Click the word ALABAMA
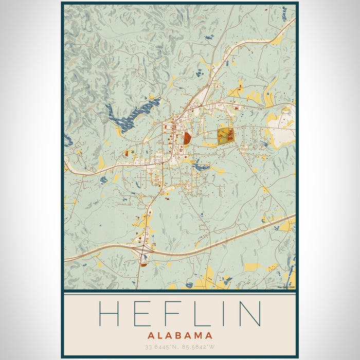pos(179,335)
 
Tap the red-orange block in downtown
pos(187,138)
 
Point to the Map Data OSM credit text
pos(286,287)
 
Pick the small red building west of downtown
pos(127,153)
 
